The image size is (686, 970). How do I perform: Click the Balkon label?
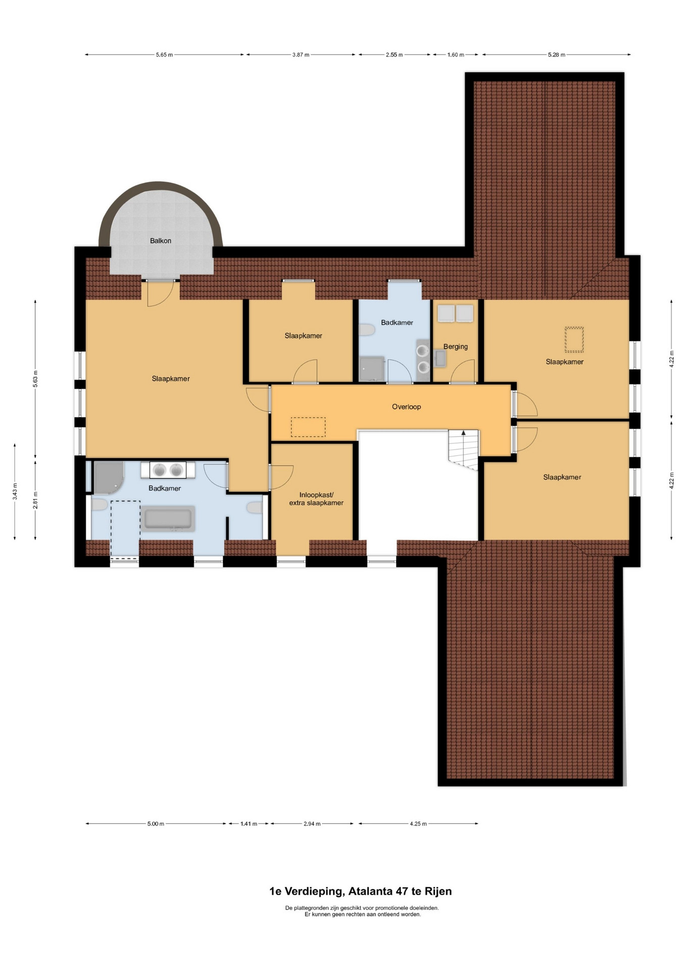coord(161,241)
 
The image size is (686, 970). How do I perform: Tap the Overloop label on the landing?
coord(406,407)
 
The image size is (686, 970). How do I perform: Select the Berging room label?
coord(456,347)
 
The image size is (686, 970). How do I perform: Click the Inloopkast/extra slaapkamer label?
coord(316,499)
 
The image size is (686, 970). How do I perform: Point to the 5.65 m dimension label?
coord(164,55)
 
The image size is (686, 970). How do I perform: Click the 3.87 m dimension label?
coord(301,55)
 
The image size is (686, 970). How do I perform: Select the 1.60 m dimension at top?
coord(456,55)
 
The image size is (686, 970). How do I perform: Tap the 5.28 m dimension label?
coord(557,55)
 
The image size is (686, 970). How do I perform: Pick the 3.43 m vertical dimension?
coord(15,492)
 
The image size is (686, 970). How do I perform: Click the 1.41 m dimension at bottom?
coord(249,824)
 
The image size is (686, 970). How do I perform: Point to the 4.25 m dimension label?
coord(418,824)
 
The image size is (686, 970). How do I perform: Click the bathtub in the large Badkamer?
coord(168,519)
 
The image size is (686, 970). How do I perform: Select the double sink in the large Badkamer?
coord(168,470)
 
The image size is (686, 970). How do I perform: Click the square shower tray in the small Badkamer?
coord(371,369)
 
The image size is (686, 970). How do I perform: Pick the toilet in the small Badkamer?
coord(367,330)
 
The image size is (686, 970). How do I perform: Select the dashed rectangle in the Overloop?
coord(308,427)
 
